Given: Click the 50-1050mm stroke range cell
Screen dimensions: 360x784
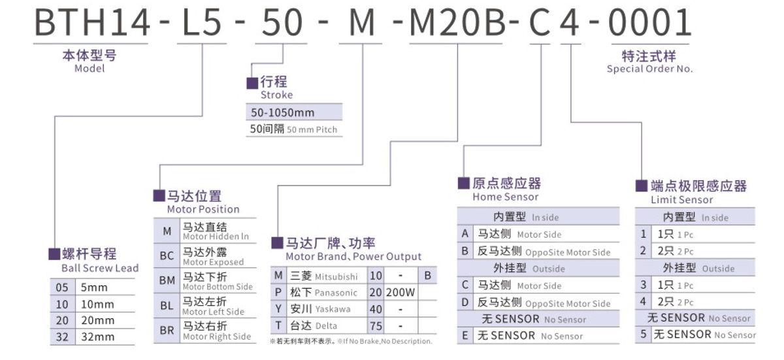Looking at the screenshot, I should coord(283,112).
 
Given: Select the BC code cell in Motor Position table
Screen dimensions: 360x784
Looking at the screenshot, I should coord(167,256).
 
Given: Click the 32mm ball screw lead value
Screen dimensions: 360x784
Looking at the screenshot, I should coord(97,337).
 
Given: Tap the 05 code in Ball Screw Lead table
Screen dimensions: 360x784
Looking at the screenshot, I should coord(61,287).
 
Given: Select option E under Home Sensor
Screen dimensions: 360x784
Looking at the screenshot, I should coord(465,336).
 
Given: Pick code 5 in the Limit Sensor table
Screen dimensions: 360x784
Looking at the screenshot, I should coord(644,335).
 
